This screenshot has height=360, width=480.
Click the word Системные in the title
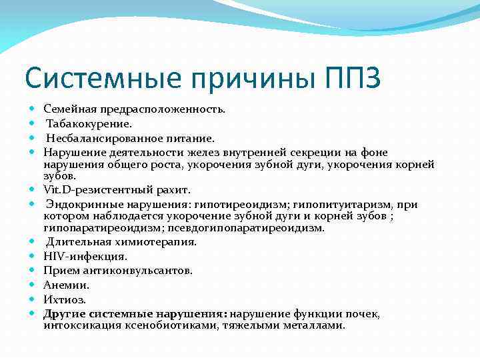click(99, 78)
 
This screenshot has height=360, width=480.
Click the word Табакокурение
click(79, 123)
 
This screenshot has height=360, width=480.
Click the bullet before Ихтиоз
click(32, 299)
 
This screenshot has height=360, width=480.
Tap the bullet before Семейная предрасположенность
click(32, 107)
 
